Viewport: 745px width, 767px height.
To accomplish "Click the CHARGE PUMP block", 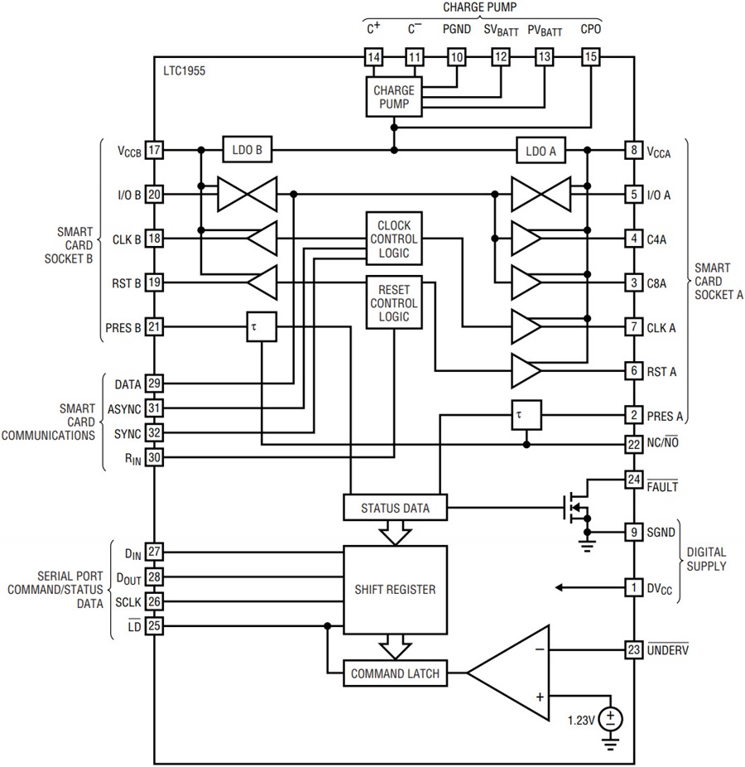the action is [x=394, y=97].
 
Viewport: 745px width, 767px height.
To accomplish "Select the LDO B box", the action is [x=247, y=150].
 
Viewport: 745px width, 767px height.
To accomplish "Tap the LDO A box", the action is [x=541, y=151].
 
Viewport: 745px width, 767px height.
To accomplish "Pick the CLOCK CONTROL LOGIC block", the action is [x=394, y=239].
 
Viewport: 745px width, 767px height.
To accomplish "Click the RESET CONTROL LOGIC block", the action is [x=394, y=302].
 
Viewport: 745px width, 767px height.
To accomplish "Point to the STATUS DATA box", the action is [x=395, y=507].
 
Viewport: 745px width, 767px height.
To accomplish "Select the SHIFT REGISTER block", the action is [x=395, y=590].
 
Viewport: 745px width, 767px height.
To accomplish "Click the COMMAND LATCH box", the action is [x=395, y=673].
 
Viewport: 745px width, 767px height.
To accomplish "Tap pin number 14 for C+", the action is [x=373, y=57].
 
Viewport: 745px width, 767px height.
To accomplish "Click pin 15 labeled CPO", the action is [x=590, y=57].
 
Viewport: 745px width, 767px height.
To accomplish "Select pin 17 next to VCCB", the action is [x=154, y=150].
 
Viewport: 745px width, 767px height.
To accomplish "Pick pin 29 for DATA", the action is [x=154, y=383].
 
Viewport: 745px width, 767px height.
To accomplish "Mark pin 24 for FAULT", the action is [x=633, y=480].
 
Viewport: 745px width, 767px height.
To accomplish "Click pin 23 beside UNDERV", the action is [x=633, y=649].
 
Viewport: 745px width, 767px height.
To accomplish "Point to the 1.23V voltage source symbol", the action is [x=611, y=719].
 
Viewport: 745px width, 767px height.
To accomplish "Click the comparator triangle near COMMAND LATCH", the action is [x=508, y=673].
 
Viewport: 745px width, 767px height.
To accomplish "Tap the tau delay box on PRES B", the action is [x=262, y=326].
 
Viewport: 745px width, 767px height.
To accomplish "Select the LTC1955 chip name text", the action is [x=185, y=71].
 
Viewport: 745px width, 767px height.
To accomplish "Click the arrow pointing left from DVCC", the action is [x=590, y=587].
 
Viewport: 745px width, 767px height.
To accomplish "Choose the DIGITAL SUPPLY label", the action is [x=706, y=559].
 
